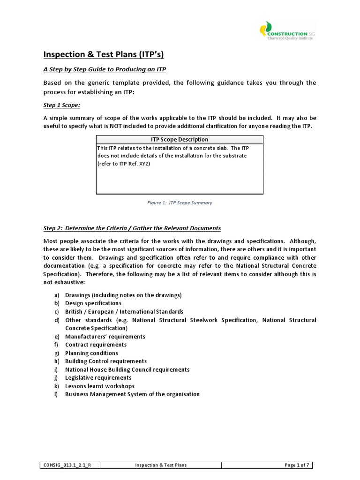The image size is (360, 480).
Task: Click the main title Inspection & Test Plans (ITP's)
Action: pos(104,54)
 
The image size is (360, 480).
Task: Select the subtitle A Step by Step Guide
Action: pos(105,69)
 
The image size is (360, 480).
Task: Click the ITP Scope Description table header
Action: pos(180,139)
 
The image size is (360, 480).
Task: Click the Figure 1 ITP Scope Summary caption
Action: pos(180,203)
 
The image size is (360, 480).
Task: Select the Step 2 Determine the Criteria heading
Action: pos(132,228)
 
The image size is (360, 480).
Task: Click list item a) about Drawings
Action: pos(123,295)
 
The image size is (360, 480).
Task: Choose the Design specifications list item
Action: pos(93,303)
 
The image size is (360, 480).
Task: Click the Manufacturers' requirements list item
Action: pos(105,337)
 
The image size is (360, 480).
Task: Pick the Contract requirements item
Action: pos(96,345)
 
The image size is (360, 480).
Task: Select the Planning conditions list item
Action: pos(91,353)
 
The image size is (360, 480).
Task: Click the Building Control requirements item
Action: pos(105,361)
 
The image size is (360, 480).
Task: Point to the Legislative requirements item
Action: pos(98,378)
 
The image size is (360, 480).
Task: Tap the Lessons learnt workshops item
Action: pos(99,386)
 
